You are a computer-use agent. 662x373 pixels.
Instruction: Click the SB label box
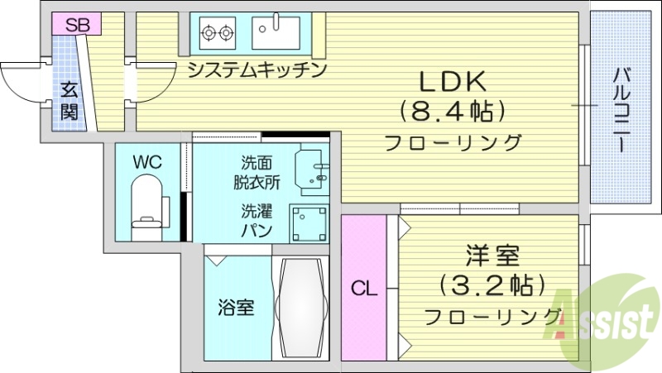[x=77, y=25]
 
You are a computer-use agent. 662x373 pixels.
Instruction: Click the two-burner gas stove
[x=217, y=32]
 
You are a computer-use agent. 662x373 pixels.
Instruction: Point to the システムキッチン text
[x=256, y=69]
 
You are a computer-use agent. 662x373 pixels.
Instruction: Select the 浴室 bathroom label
[x=235, y=308]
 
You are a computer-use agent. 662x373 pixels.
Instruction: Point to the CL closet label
[x=363, y=289]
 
